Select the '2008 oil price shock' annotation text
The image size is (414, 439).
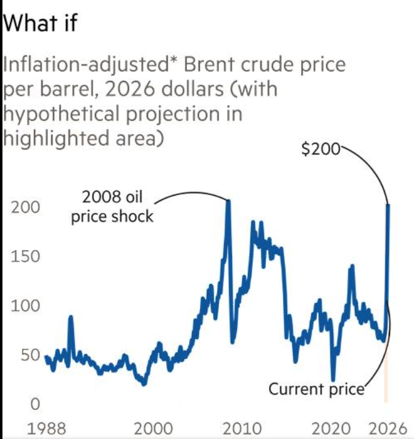coord(112,208)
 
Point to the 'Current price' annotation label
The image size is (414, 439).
coord(317,389)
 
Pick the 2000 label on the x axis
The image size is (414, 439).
coord(154,428)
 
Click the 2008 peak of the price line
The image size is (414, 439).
coord(228,201)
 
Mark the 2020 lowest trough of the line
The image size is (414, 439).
coord(333,379)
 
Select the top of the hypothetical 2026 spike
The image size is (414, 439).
coord(387,205)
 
